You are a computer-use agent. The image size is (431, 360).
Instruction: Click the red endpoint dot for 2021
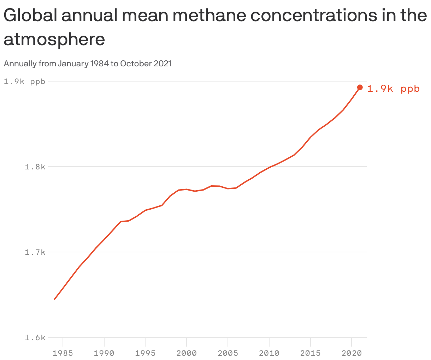(x=360, y=87)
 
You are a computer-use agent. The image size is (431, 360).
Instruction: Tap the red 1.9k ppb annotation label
(x=393, y=89)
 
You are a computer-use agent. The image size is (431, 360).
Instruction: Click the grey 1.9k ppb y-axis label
(x=24, y=82)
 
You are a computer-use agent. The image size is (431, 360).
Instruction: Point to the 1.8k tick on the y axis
(x=35, y=167)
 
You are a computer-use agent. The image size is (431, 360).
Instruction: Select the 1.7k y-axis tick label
(x=35, y=252)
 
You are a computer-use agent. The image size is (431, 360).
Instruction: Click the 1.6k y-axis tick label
(x=35, y=338)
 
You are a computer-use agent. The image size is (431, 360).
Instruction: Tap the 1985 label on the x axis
(x=63, y=353)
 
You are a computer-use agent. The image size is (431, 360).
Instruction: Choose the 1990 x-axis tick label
(x=104, y=353)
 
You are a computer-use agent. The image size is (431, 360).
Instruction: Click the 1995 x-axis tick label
(x=146, y=353)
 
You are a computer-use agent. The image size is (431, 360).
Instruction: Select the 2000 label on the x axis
(x=187, y=353)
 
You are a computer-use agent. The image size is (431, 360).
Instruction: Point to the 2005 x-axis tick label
(x=228, y=353)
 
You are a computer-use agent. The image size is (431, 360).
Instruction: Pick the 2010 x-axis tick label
(x=269, y=353)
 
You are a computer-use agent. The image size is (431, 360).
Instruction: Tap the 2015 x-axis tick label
(x=310, y=353)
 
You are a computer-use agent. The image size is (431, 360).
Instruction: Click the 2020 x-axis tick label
(x=352, y=353)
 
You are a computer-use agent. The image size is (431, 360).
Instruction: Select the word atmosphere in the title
(x=54, y=40)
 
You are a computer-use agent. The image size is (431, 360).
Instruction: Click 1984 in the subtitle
(x=99, y=64)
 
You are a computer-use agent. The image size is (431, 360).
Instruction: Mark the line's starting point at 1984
(x=54, y=299)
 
